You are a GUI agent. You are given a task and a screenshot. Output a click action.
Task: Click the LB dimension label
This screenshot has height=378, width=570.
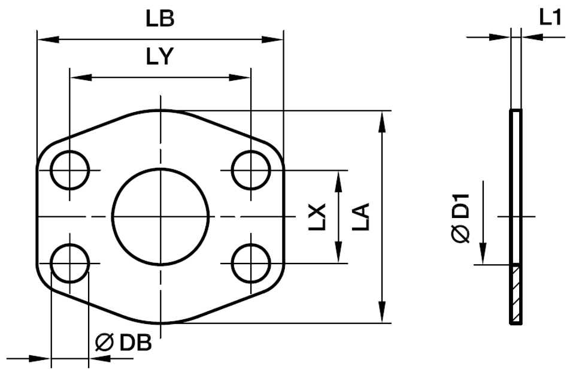click(x=160, y=19)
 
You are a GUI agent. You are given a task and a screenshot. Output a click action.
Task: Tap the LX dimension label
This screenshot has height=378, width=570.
click(x=321, y=217)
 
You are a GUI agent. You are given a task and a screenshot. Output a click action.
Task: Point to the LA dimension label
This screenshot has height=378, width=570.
click(x=361, y=217)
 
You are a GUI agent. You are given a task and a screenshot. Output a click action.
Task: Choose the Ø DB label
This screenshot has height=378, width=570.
click(x=123, y=343)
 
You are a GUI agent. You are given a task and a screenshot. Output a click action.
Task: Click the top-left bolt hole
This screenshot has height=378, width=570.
click(x=69, y=170)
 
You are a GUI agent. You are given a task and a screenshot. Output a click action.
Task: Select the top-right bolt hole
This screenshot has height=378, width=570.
click(x=251, y=170)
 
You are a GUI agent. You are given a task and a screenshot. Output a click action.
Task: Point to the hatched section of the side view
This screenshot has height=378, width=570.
click(x=516, y=294)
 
